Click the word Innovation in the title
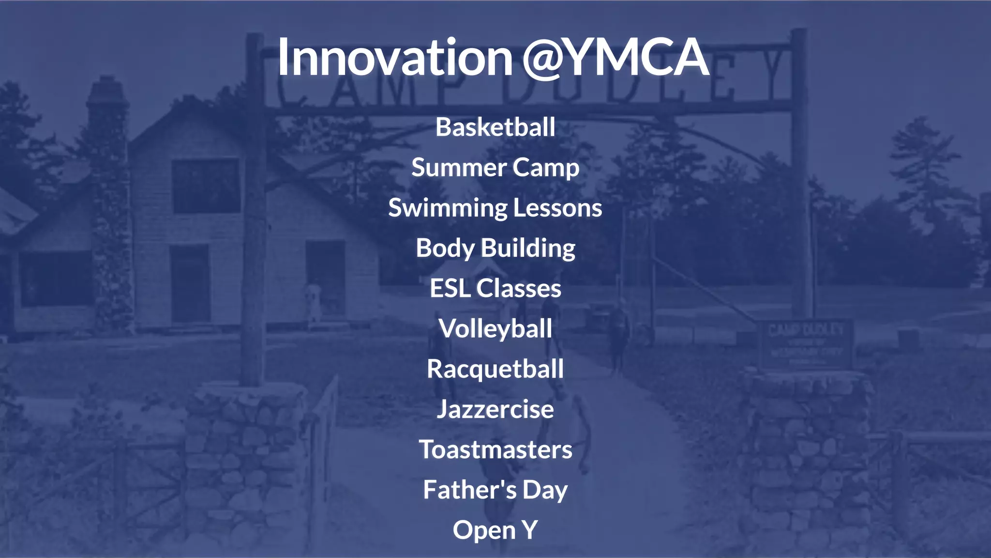pos(394,57)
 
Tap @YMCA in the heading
pos(615,57)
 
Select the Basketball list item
pos(495,127)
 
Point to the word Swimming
pos(447,208)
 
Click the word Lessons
pos(557,208)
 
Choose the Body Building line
pos(495,248)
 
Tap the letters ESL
pos(450,288)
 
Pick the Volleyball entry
pos(495,329)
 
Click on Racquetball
pos(495,369)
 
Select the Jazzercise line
pos(495,409)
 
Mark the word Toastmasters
pos(495,449)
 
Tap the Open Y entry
pos(495,530)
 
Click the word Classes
pos(518,288)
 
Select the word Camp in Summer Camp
pos(545,168)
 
